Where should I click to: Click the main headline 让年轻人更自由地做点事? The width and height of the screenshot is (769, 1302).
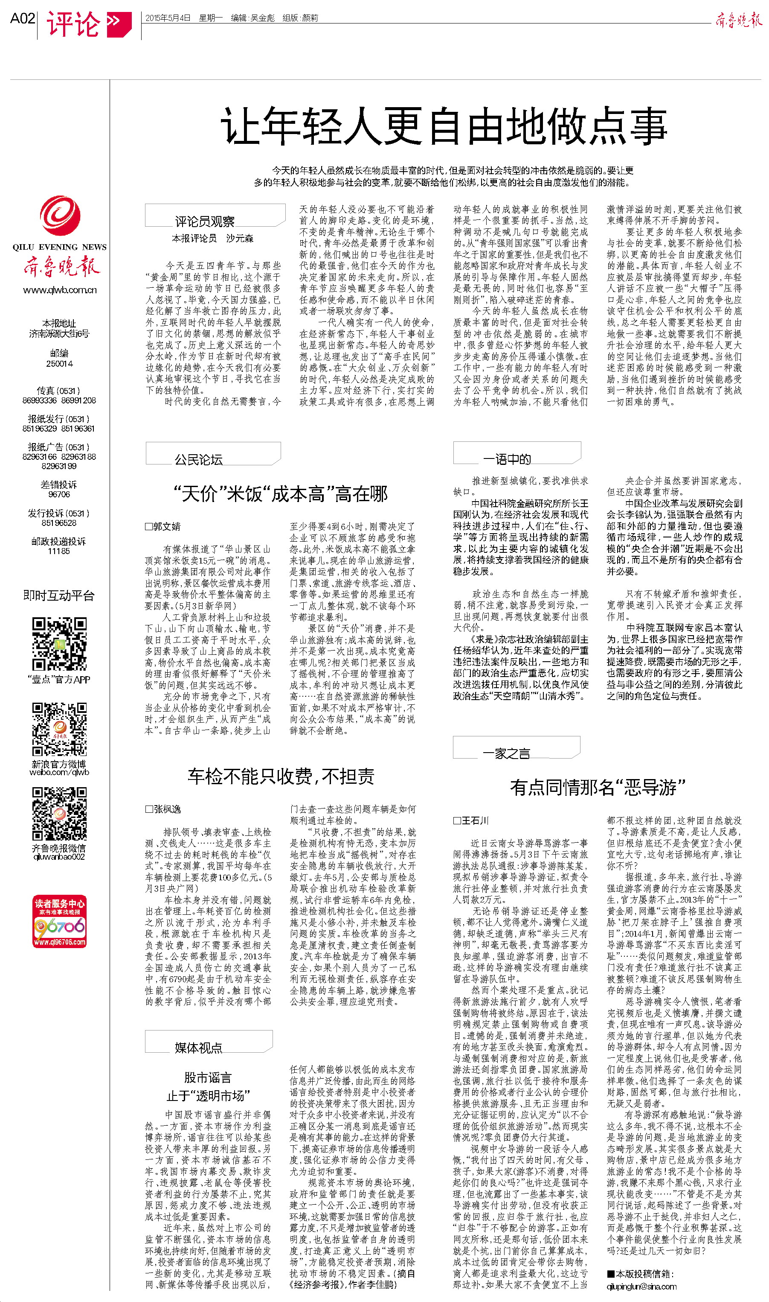(444, 126)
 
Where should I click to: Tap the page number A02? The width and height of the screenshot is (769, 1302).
(22, 19)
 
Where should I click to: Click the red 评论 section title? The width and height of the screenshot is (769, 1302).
(74, 24)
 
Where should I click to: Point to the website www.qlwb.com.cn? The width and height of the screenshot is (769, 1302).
(60, 290)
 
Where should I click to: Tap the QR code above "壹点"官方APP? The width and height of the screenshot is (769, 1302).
(59, 643)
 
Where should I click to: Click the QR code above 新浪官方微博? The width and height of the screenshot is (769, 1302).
(59, 729)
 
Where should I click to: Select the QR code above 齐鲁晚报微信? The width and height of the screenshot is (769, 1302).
(59, 814)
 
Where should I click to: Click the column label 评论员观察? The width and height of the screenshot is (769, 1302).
(205, 222)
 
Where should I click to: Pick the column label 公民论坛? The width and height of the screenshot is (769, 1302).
(198, 459)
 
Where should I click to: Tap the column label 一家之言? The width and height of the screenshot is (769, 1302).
(506, 753)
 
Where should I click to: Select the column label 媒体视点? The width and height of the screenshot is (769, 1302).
(198, 1048)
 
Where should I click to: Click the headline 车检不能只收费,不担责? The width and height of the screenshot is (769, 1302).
(281, 776)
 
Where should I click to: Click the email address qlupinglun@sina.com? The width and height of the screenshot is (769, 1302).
(641, 1287)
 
